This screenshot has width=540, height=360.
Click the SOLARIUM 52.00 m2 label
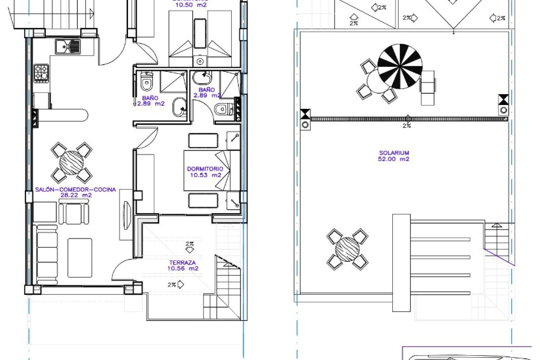[x=393, y=156]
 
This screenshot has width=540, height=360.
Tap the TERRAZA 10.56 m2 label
[x=183, y=265]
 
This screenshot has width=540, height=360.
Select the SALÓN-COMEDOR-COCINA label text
[x=75, y=190]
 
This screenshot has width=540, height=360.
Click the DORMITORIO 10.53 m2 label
[x=205, y=172]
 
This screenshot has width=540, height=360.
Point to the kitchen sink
[x=67, y=46]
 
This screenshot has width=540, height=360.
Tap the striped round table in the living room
[x=71, y=163]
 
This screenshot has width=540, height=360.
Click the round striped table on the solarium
[x=347, y=249]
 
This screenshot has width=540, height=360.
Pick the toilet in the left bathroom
[x=146, y=82]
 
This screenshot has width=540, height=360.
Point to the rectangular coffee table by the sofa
[x=80, y=258]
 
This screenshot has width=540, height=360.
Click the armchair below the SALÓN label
[x=74, y=213]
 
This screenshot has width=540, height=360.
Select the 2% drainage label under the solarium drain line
[x=407, y=126]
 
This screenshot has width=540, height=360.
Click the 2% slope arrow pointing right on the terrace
[x=176, y=285]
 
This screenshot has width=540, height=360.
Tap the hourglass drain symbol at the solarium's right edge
[x=503, y=100]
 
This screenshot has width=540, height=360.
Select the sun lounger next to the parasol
[x=427, y=88]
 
